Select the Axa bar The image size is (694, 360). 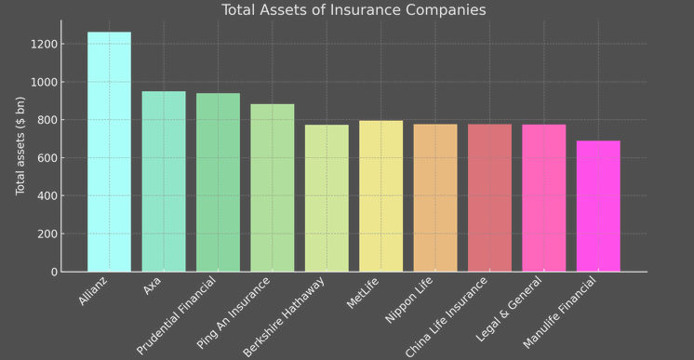coord(164,181)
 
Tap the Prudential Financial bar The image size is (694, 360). coord(218,182)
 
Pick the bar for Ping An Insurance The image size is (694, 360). coord(273,188)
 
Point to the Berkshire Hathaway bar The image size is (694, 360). coord(327,198)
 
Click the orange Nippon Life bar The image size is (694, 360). coord(435,198)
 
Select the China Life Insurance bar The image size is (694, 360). coord(489,198)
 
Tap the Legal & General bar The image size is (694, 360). coord(544,198)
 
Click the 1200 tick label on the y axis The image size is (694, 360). coord(44,44)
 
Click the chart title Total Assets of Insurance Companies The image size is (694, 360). coord(354,10)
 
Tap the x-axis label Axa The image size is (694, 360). coord(153,286)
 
